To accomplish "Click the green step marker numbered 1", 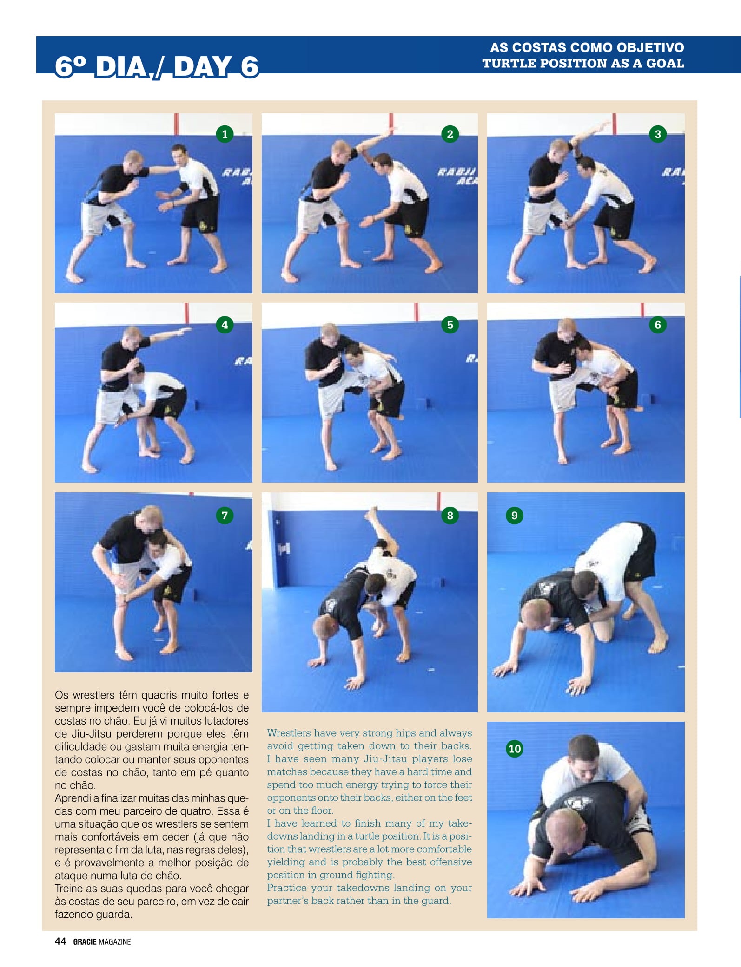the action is (225, 134).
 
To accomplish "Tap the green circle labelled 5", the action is (450, 325).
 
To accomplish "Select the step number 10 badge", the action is (515, 749).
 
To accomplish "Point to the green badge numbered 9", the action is (515, 516).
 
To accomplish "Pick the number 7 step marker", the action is (225, 516).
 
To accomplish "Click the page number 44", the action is (60, 941).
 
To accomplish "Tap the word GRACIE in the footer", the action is (85, 942).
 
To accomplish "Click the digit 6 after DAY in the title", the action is (249, 66).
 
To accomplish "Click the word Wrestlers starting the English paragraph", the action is (289, 733).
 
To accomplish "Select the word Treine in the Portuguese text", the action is (68, 889).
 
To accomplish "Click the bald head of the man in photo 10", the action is (563, 823).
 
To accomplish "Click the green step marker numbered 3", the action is (658, 134).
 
